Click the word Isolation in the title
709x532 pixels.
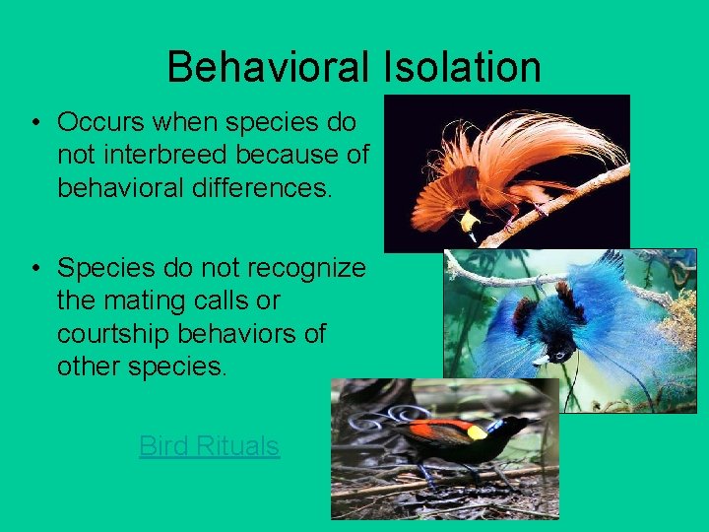pos(461,68)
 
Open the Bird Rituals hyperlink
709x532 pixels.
pos(209,446)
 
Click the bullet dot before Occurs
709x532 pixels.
pos(34,124)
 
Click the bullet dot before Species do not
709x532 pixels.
pos(34,268)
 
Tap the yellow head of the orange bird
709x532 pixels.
pos(470,220)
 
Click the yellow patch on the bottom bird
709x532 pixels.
pos(477,432)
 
